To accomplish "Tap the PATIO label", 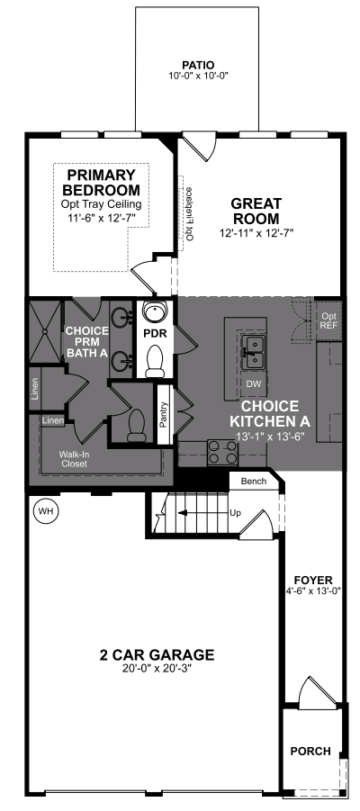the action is [198, 65].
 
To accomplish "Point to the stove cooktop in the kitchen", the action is [222, 452].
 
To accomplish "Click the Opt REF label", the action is [328, 320].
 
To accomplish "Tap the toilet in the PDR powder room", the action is [155, 362].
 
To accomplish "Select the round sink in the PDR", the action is [155, 311].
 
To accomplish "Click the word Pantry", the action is [164, 414].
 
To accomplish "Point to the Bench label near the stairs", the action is [254, 482].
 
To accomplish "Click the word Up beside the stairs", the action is [235, 512].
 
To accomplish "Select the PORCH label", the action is [310, 751].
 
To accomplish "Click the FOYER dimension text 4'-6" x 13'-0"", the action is [313, 590].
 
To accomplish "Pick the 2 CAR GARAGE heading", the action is [157, 654].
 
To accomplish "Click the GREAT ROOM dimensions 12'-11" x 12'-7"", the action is [256, 233].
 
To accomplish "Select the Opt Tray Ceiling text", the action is [102, 203].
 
